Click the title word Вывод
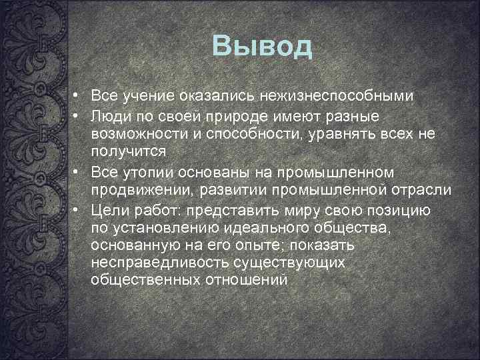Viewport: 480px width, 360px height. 262,46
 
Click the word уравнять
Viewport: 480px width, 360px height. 341,135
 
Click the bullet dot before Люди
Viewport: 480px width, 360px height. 77,117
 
